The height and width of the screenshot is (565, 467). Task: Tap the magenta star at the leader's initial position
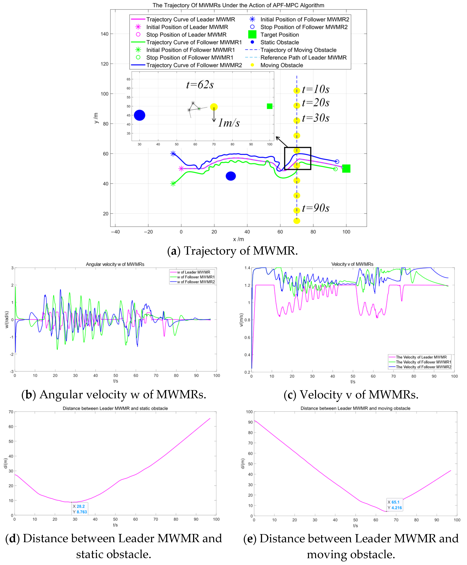point(181,169)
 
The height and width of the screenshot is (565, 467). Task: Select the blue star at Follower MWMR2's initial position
point(173,154)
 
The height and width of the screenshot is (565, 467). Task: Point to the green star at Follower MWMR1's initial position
point(173,184)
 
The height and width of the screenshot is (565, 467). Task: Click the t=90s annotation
point(315,208)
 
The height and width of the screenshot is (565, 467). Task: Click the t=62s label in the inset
point(200,85)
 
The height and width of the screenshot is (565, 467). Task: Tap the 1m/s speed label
point(229,123)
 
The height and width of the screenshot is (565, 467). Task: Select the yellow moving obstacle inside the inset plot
point(214,107)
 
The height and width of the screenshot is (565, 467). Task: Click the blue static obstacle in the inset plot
point(139,115)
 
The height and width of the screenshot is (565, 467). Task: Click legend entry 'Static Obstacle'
point(279,42)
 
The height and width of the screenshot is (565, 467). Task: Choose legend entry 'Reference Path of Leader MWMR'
point(303,58)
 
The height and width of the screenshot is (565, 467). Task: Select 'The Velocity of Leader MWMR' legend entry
point(421,357)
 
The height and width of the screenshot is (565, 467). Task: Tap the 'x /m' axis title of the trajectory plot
point(238,239)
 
